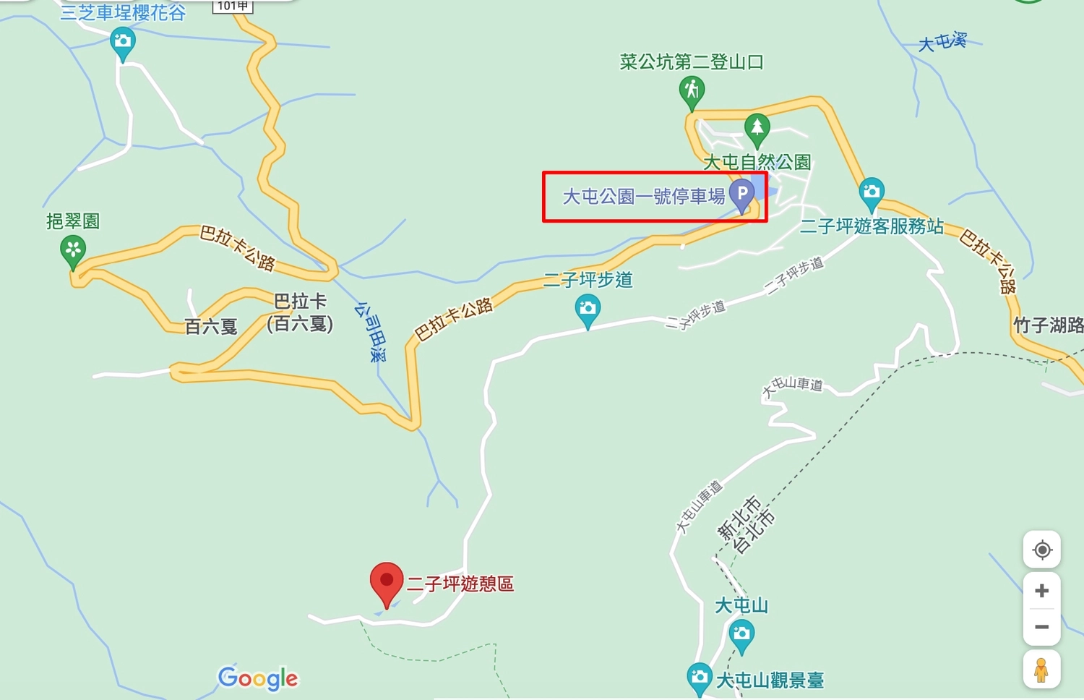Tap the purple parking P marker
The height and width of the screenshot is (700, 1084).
pyautogui.click(x=741, y=194)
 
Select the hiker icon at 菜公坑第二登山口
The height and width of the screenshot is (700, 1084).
pyautogui.click(x=692, y=90)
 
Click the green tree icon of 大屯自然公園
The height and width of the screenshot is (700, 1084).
pyautogui.click(x=757, y=128)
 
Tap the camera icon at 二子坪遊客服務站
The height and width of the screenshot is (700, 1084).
pyautogui.click(x=872, y=192)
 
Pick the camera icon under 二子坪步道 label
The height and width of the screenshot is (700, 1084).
pyautogui.click(x=588, y=309)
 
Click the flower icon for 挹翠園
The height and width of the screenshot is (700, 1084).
pyautogui.click(x=72, y=249)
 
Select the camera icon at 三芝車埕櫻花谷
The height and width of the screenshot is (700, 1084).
pyautogui.click(x=123, y=40)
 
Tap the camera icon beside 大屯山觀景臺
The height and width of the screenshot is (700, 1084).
pyautogui.click(x=699, y=677)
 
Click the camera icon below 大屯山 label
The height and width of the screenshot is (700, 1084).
pyautogui.click(x=741, y=635)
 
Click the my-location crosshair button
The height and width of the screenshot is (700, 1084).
pyautogui.click(x=1041, y=550)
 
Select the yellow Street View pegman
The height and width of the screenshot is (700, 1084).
pyautogui.click(x=1041, y=670)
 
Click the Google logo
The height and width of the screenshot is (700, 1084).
pyautogui.click(x=258, y=678)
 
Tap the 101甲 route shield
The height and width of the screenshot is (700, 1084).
pyautogui.click(x=233, y=6)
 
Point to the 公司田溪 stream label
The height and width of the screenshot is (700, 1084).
pyautogui.click(x=371, y=331)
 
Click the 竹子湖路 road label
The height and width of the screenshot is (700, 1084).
pyautogui.click(x=1048, y=325)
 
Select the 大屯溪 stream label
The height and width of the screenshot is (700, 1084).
pyautogui.click(x=942, y=42)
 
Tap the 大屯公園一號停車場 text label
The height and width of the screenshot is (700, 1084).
pyautogui.click(x=643, y=196)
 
